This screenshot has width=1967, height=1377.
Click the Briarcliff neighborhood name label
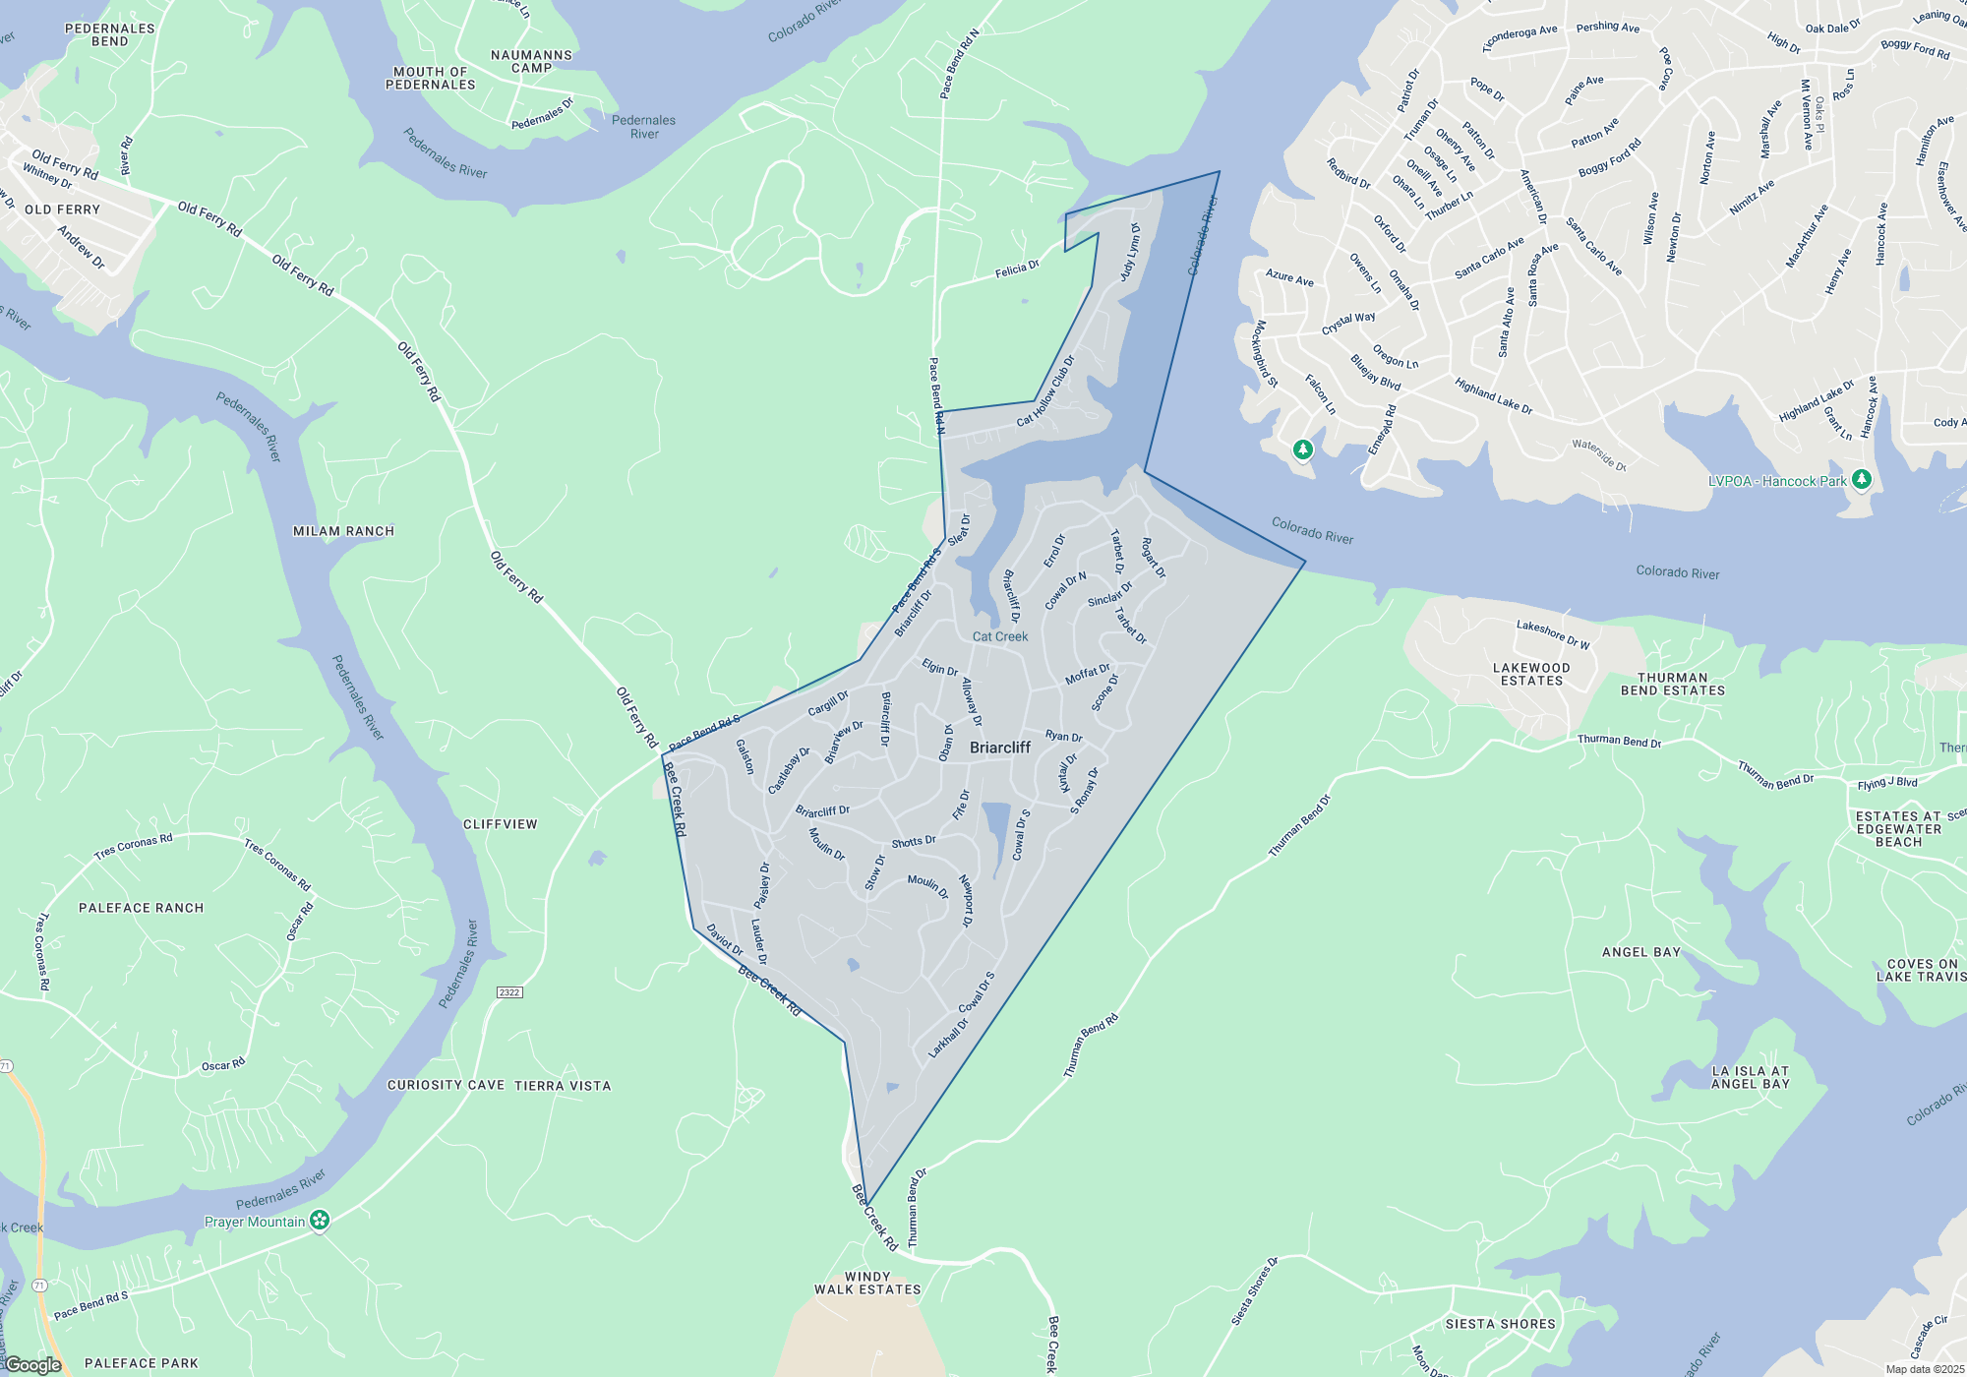tap(999, 748)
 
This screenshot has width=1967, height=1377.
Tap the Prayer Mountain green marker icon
tap(320, 1221)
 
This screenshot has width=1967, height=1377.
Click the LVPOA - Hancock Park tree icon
tap(1861, 479)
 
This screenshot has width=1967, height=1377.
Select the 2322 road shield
tap(508, 992)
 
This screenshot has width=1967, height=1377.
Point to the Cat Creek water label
tap(1000, 636)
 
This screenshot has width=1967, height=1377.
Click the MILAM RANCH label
tap(343, 531)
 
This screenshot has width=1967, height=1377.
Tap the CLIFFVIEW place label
tap(501, 824)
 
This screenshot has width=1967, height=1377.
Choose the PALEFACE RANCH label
tap(142, 908)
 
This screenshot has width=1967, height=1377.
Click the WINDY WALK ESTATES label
tap(867, 1283)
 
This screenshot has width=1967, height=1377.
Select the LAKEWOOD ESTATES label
tap(1531, 674)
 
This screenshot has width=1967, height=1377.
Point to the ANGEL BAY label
tap(1641, 952)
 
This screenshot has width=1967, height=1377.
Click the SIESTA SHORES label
tap(1501, 1324)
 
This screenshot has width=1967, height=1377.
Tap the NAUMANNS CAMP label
tap(531, 61)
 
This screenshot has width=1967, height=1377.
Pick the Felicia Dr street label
tap(1017, 269)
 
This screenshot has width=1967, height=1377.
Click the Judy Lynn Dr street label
tap(1131, 252)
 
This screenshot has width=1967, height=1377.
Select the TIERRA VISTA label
tap(563, 1086)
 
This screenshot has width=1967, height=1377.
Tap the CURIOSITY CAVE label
tap(446, 1085)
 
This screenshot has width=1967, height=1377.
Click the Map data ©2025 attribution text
tap(1925, 1369)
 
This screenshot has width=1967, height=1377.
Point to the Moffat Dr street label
tap(1088, 675)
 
